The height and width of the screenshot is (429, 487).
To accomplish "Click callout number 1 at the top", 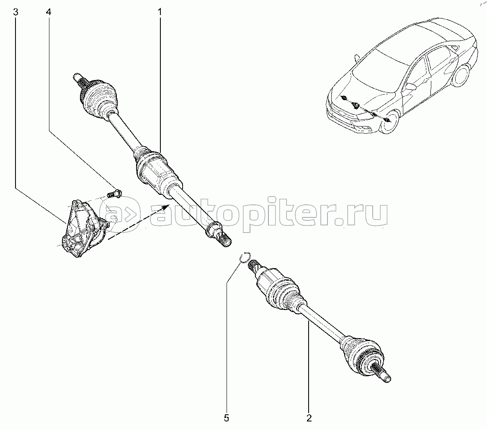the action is [160, 12].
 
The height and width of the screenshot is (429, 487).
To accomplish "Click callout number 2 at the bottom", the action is [309, 418].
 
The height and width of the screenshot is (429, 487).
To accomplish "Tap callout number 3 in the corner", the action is [15, 12].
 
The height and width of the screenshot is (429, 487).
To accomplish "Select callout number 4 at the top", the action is [48, 12].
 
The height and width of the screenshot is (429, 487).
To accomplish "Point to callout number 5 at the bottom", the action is [227, 418].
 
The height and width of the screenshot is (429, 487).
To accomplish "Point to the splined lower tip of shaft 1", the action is [224, 240].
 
